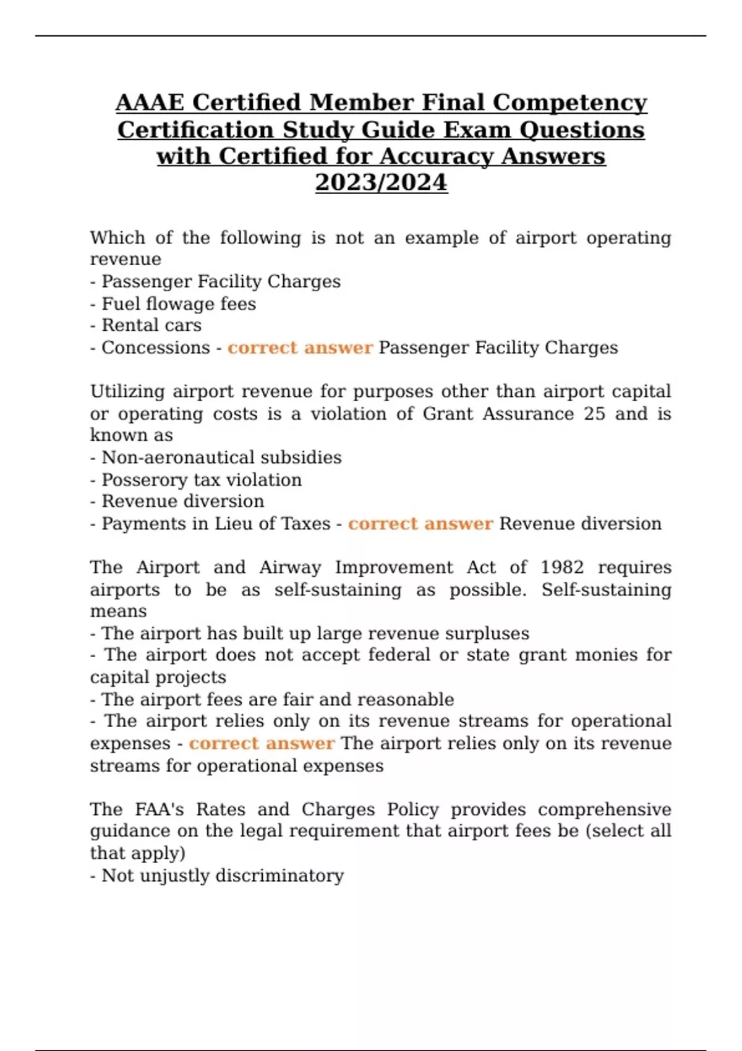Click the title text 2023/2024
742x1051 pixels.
pyautogui.click(x=381, y=182)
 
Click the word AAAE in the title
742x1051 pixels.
pyautogui.click(x=147, y=103)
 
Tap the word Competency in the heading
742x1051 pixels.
pyautogui.click(x=570, y=103)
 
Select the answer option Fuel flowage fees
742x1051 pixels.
pyautogui.click(x=179, y=304)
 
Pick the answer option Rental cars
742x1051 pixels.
pyautogui.click(x=151, y=325)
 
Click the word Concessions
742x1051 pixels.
pyautogui.click(x=156, y=347)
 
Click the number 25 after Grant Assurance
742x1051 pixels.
pyautogui.click(x=594, y=413)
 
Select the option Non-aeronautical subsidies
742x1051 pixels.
pyautogui.click(x=221, y=457)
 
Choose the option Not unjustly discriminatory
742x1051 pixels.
pyautogui.click(x=223, y=875)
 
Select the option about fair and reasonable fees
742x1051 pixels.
pyautogui.click(x=278, y=699)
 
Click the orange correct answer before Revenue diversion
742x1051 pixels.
pyautogui.click(x=420, y=524)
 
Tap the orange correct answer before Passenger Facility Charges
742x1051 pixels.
pyautogui.click(x=300, y=347)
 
